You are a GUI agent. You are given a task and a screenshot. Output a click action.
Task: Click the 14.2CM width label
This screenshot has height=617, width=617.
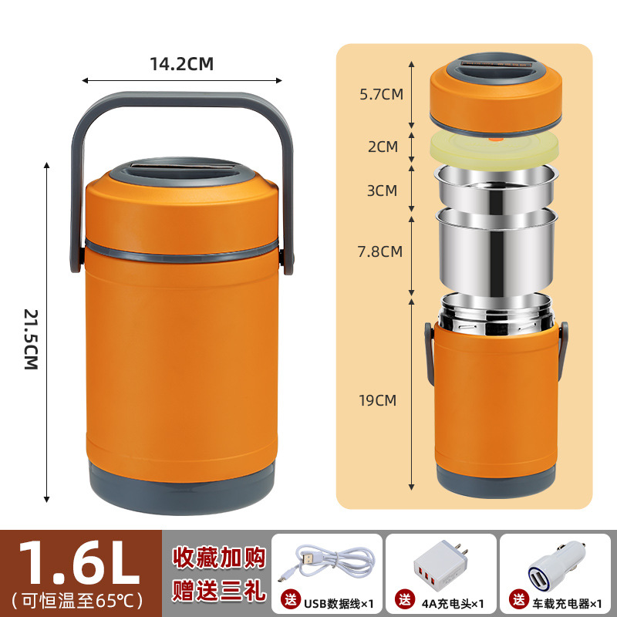tap(181, 64)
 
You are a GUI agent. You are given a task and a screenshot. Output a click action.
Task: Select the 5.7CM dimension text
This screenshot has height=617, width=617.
tap(381, 95)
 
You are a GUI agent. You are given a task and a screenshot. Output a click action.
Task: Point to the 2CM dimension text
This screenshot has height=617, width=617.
tap(383, 146)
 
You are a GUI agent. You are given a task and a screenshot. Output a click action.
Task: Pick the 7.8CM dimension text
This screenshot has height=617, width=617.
tap(381, 251)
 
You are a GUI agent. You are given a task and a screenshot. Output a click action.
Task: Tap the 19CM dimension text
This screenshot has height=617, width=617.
tap(377, 400)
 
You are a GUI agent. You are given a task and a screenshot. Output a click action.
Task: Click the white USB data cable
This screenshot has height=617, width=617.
tap(328, 563)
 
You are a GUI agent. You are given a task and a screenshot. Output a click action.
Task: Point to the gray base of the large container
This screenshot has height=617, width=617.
tap(181, 485)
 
